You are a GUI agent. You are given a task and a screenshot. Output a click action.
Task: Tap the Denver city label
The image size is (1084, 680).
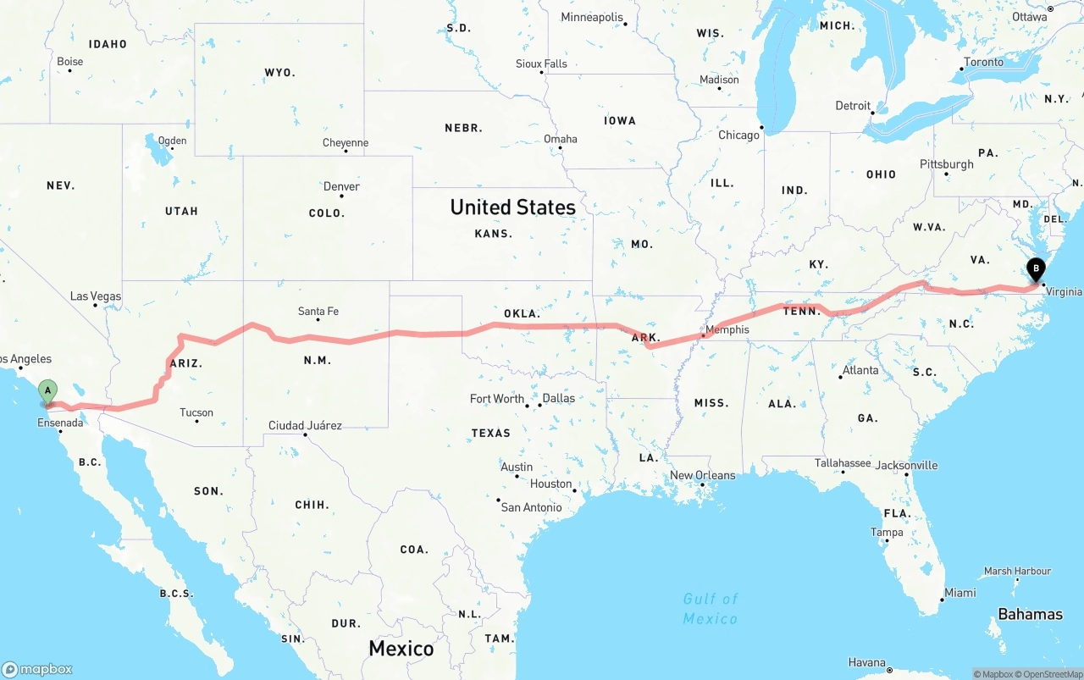341,186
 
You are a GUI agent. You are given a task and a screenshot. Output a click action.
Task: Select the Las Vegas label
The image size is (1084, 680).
95,296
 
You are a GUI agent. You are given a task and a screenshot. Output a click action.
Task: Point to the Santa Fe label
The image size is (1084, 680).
318,312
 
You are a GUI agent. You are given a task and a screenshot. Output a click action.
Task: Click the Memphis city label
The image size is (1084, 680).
727,329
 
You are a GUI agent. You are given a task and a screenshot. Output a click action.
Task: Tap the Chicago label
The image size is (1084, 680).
738,135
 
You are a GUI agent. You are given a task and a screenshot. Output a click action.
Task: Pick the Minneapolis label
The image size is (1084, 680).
592,17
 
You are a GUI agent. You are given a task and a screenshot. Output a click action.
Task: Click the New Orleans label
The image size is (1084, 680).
702,475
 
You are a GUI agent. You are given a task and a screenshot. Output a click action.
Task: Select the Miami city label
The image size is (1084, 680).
960,593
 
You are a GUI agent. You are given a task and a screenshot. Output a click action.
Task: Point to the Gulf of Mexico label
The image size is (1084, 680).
711,608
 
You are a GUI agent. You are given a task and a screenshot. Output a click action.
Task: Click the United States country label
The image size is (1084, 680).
512,207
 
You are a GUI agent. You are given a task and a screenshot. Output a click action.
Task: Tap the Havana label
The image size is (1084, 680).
866,662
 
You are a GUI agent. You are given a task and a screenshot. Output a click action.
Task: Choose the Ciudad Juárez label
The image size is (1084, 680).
305,425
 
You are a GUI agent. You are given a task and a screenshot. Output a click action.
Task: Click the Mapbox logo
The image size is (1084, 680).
37,669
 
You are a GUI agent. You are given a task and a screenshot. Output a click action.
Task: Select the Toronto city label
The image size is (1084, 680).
983,62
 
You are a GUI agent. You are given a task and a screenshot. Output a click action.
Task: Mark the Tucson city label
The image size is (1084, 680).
196,412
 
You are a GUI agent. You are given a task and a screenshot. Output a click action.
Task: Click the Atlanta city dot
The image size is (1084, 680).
843,378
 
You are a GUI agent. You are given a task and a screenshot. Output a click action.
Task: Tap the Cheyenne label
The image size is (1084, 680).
346,142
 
